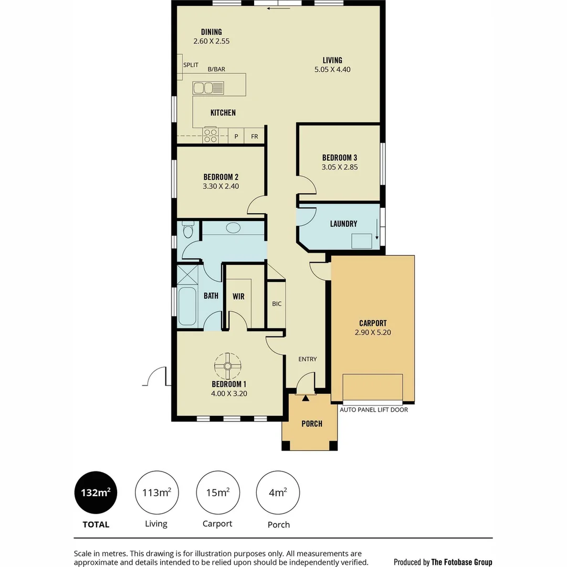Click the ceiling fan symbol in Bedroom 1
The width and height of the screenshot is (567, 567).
click(228, 365)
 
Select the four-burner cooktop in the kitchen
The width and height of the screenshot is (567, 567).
click(211, 135)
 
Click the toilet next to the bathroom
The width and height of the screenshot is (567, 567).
click(188, 229)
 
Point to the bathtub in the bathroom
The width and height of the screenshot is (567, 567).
click(187, 306)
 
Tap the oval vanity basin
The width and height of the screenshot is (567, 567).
click(233, 228)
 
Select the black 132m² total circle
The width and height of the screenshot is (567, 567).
click(96, 492)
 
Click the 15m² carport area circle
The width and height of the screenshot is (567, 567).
click(217, 492)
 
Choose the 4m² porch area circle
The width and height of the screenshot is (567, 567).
click(278, 492)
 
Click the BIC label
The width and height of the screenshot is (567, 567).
click(277, 303)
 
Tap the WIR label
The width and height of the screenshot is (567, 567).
click(238, 296)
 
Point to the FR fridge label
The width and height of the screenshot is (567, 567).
click(255, 136)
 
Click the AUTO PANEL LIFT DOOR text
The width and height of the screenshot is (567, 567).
click(374, 409)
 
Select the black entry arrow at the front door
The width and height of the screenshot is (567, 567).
click(306, 399)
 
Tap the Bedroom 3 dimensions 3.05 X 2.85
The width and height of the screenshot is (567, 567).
click(340, 167)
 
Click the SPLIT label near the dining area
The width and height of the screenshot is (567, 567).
click(191, 65)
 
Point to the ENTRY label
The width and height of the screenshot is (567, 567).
click(307, 359)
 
